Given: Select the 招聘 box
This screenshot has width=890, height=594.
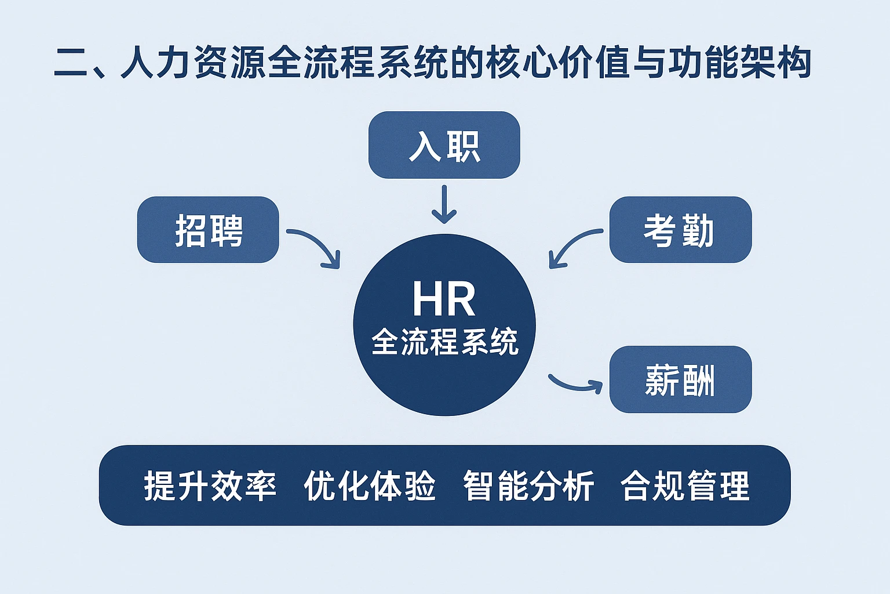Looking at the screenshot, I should tap(208, 230).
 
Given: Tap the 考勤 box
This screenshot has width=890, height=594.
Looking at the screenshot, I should tap(680, 230).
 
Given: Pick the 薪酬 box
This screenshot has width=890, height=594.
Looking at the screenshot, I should tap(680, 379).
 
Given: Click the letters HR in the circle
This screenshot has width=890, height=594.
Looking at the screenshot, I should tap(444, 299).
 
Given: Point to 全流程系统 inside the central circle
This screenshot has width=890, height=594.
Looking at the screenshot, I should tap(444, 342).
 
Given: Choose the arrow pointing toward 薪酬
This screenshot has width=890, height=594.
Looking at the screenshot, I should tap(576, 384).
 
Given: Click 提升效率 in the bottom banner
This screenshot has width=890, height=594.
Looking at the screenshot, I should tap(210, 486).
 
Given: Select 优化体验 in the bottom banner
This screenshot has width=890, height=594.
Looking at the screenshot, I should tap(370, 486).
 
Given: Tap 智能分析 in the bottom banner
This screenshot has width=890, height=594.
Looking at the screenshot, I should tap(528, 486).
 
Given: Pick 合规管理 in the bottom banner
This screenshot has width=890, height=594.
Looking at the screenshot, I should tap(685, 486).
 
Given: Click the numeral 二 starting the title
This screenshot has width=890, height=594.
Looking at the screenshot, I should tap(71, 63).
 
